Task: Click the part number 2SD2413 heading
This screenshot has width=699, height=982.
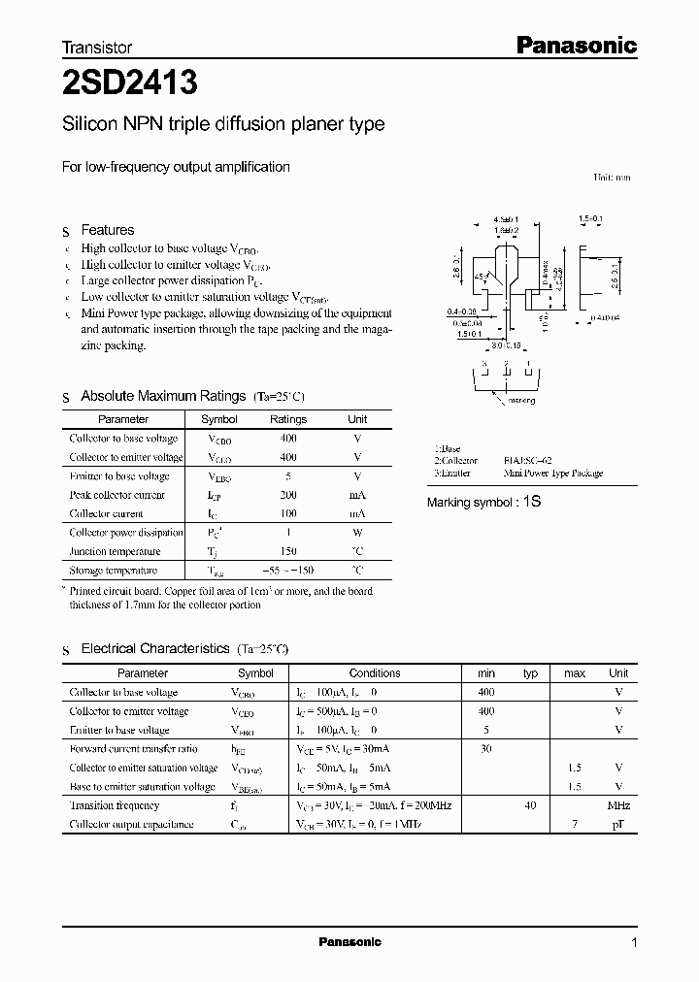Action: pyautogui.click(x=129, y=84)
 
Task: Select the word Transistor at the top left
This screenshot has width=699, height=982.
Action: pyautogui.click(x=97, y=47)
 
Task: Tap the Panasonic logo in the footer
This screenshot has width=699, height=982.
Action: pyautogui.click(x=349, y=942)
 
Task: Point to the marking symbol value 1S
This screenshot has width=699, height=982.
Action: pyautogui.click(x=531, y=502)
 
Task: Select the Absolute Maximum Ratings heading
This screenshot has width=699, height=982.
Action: pyautogui.click(x=163, y=396)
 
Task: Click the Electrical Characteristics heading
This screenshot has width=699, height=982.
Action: pyautogui.click(x=155, y=648)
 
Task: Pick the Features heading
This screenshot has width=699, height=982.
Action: pyautogui.click(x=108, y=230)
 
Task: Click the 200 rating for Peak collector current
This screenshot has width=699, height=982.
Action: pyautogui.click(x=288, y=495)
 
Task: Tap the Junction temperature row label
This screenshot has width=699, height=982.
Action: pyautogui.click(x=115, y=551)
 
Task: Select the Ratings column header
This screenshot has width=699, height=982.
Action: pyautogui.click(x=288, y=419)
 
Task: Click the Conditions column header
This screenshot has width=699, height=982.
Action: pyautogui.click(x=375, y=672)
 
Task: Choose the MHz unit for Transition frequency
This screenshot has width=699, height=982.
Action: pyautogui.click(x=618, y=805)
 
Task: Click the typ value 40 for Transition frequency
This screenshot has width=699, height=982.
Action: pyautogui.click(x=530, y=805)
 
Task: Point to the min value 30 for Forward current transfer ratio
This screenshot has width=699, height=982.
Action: pyautogui.click(x=485, y=748)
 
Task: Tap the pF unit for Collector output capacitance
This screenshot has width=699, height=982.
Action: pyautogui.click(x=618, y=825)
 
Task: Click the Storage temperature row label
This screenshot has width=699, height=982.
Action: pyautogui.click(x=113, y=571)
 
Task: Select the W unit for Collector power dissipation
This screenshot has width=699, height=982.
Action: pyautogui.click(x=357, y=533)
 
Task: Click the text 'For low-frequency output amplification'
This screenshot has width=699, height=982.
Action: pyautogui.click(x=176, y=167)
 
